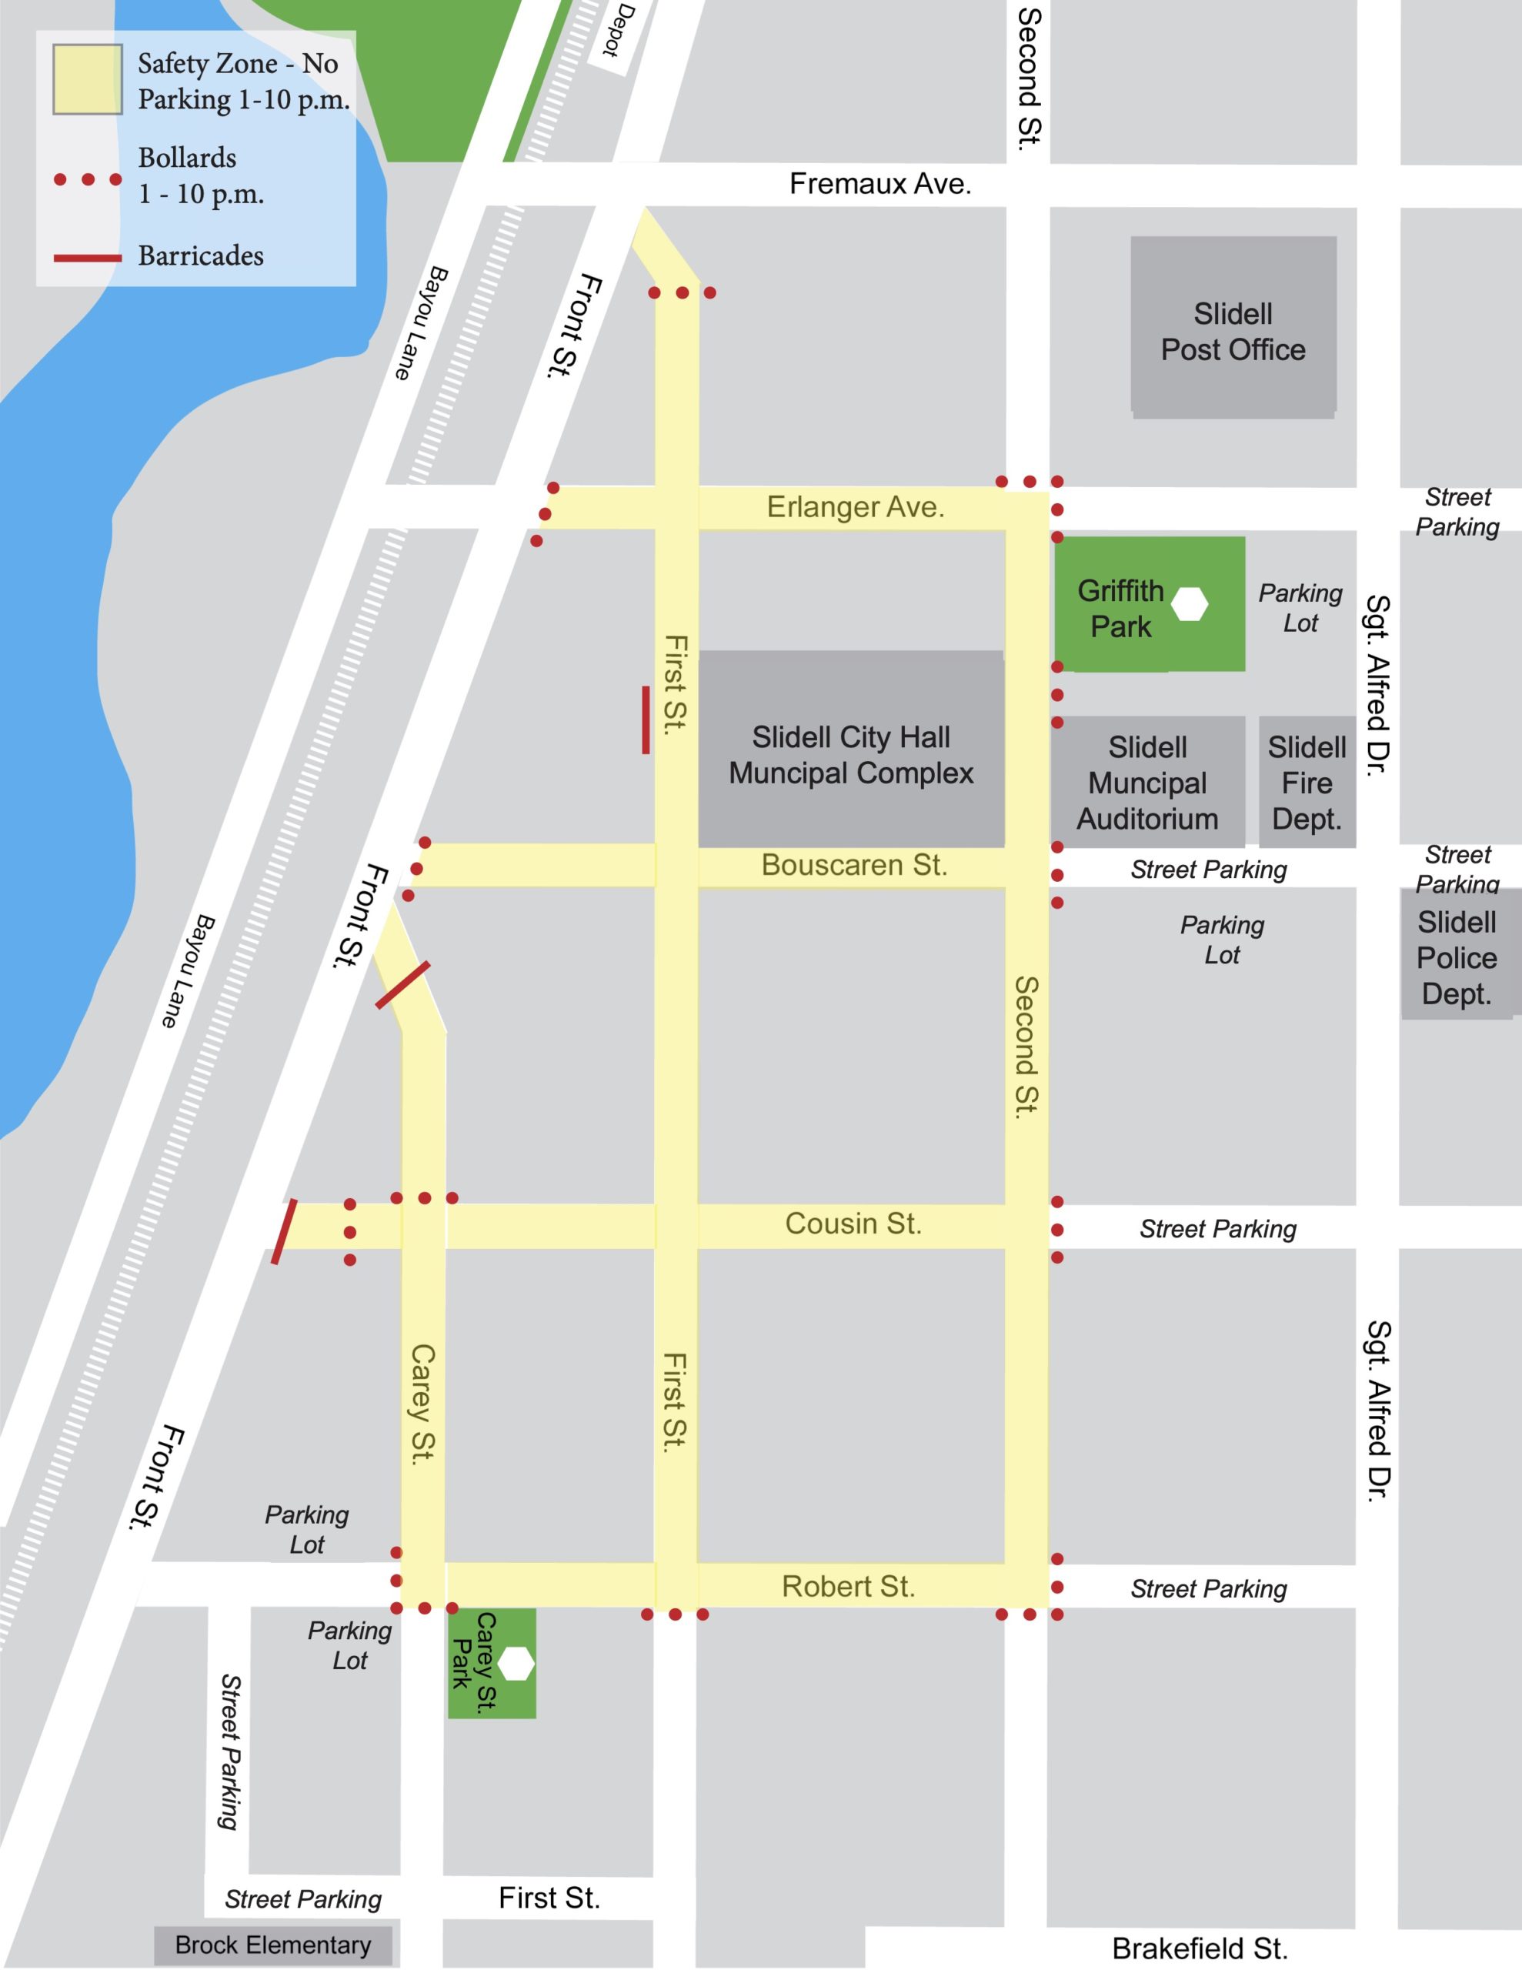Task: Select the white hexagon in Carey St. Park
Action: (516, 1663)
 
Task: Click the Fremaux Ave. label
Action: (879, 184)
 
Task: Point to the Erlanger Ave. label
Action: (856, 507)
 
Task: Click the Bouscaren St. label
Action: (853, 865)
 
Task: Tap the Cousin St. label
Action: (853, 1224)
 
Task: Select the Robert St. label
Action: (848, 1587)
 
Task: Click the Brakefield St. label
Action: (1199, 1948)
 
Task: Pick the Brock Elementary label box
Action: (272, 1945)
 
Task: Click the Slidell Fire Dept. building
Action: (1307, 782)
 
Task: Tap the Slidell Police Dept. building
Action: (1455, 956)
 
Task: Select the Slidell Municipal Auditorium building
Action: (1147, 782)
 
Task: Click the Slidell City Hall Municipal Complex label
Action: (851, 755)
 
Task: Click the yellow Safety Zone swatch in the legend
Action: (88, 80)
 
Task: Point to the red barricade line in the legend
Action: (88, 258)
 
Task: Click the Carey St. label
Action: (422, 1404)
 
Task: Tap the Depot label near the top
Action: (621, 30)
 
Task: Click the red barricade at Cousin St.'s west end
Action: (284, 1231)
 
